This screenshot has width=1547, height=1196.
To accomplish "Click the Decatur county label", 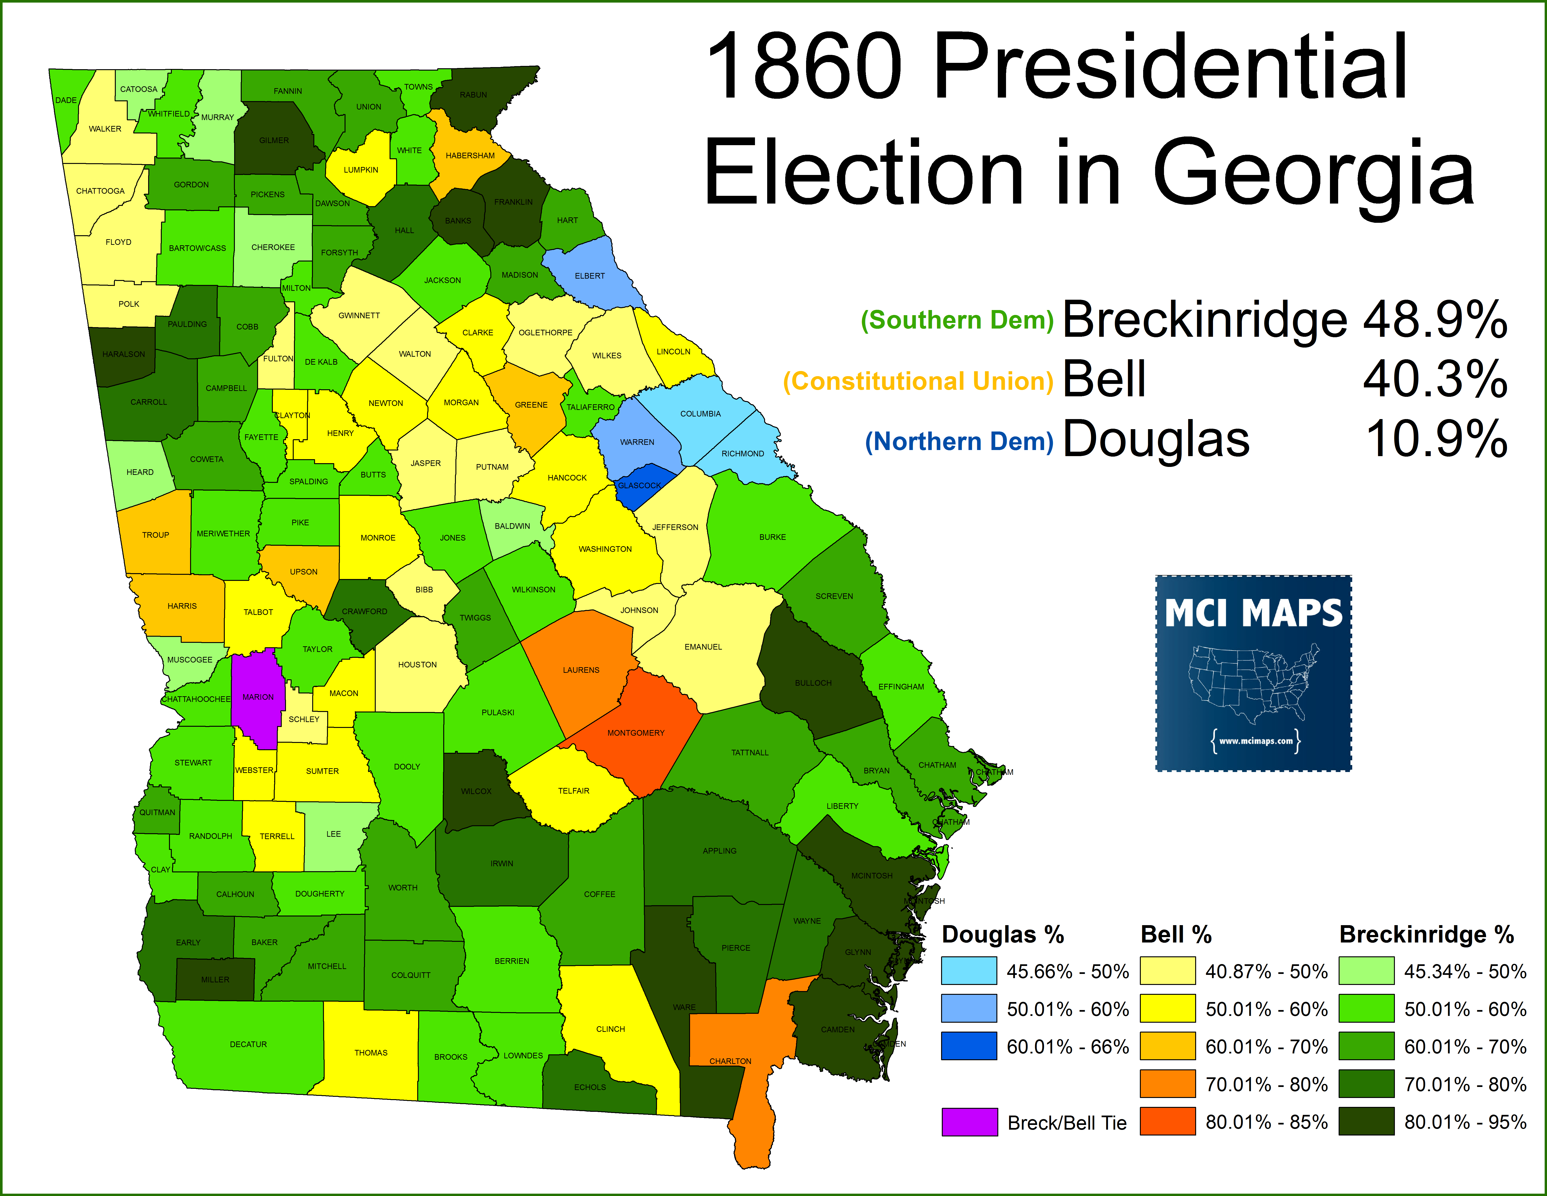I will pyautogui.click(x=248, y=1044).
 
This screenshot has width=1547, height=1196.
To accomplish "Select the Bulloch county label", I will pyautogui.click(x=812, y=683).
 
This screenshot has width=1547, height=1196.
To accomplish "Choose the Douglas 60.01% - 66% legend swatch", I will pyautogui.click(x=969, y=1046).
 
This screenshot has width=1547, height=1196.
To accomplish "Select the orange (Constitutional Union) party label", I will pyautogui.click(x=918, y=381).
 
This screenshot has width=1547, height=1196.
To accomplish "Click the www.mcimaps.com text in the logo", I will pyautogui.click(x=1255, y=741).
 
